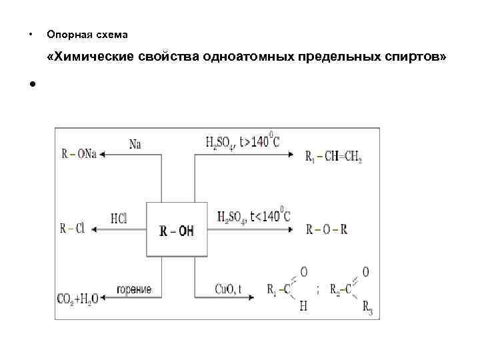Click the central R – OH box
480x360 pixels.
pos(177,229)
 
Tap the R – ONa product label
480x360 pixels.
pos(79,154)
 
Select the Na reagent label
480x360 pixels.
pos(135,143)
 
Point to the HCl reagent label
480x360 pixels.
pos(119,218)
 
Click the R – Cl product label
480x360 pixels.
pos(72,229)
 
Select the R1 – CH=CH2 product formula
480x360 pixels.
pos(333,157)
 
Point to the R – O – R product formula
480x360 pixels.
pos(327,229)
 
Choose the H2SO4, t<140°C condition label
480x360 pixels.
pos(253,216)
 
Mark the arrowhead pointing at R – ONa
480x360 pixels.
pos(104,154)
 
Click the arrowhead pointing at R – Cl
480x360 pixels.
pos(93,229)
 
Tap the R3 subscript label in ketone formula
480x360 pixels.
pos(367,310)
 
